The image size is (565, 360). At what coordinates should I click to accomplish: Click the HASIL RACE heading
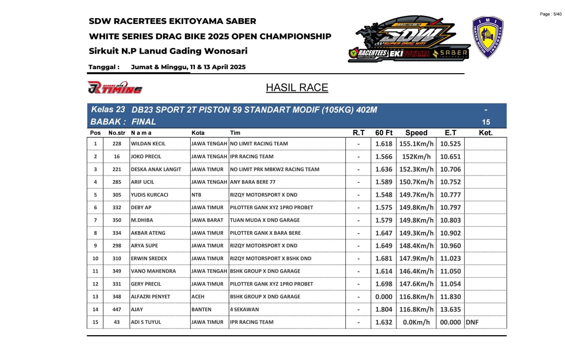click(x=297, y=87)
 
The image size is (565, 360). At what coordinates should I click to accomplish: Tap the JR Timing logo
click(x=115, y=87)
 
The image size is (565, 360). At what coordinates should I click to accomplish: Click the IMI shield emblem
click(x=487, y=37)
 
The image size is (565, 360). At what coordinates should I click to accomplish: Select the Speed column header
click(x=416, y=133)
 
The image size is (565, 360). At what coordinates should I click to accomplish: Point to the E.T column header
click(x=450, y=133)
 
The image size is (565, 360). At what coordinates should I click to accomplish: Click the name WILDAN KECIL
click(x=148, y=144)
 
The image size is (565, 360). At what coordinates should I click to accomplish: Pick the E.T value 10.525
click(x=450, y=144)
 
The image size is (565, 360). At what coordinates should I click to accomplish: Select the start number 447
click(x=117, y=309)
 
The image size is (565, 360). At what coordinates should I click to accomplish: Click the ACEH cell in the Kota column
click(x=198, y=297)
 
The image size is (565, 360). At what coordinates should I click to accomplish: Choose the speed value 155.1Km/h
click(x=416, y=144)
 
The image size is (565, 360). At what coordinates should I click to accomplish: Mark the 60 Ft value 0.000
click(x=384, y=297)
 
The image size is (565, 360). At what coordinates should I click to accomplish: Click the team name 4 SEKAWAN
click(x=244, y=309)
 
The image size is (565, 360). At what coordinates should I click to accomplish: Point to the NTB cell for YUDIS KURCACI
click(x=196, y=195)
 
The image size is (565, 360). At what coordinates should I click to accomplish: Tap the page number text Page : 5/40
click(x=550, y=14)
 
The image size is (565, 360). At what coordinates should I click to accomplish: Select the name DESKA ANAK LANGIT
click(x=156, y=169)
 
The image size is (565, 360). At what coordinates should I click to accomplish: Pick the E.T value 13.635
click(x=450, y=309)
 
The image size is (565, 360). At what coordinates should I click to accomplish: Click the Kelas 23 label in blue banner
click(x=108, y=110)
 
